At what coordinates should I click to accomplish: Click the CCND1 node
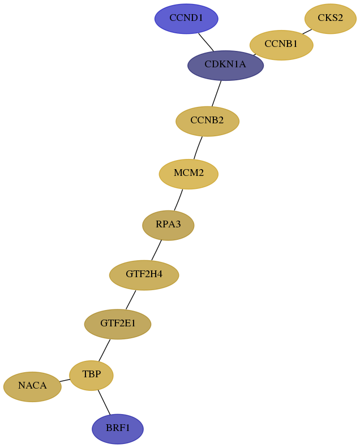pos(186,19)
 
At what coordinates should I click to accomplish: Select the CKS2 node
pos(331,19)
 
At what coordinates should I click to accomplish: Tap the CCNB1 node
pos(281,45)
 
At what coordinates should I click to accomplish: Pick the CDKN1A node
pos(226,66)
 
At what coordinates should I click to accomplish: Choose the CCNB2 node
pos(207,121)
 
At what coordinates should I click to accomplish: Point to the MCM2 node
pos(188,174)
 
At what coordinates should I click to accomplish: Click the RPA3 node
pos(169,225)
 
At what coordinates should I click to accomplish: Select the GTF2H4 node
pos(144,275)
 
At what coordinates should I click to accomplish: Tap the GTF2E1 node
pos(118,324)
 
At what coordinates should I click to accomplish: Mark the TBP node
pos(92,375)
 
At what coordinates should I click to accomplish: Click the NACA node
pos(32,386)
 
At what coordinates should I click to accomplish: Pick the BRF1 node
pos(118,429)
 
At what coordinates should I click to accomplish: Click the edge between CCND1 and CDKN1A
pos(206,42)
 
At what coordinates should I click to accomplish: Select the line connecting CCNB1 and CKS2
pos(307,31)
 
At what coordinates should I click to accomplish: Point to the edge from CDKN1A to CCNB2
pos(216,93)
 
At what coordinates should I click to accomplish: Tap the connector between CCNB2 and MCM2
pos(198,148)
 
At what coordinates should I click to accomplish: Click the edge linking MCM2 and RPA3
pos(178,200)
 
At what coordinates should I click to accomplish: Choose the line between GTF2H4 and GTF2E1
pos(131,299)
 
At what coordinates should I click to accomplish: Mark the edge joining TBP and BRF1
pos(104,402)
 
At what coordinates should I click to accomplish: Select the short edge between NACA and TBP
pos(65,380)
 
